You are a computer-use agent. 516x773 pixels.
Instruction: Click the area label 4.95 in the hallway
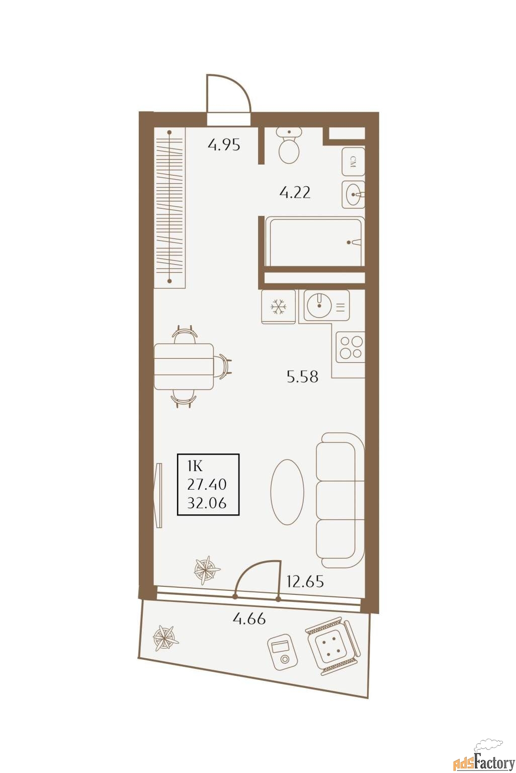(x=224, y=145)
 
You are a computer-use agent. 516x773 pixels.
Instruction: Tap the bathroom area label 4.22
(x=295, y=192)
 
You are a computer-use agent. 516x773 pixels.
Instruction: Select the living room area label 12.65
(x=305, y=581)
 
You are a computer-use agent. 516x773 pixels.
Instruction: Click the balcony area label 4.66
(x=249, y=619)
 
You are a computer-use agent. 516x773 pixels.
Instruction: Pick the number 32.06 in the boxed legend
(x=207, y=503)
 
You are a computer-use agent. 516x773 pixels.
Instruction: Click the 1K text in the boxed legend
(x=195, y=467)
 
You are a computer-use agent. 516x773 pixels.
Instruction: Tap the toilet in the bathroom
(x=289, y=145)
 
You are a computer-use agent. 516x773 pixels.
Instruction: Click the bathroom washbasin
(x=353, y=195)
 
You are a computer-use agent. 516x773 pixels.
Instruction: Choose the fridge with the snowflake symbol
(x=278, y=307)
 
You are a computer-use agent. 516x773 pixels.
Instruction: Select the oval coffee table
(x=287, y=492)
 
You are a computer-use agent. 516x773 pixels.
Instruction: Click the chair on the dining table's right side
(x=223, y=366)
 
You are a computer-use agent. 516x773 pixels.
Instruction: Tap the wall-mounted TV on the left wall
(x=158, y=495)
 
